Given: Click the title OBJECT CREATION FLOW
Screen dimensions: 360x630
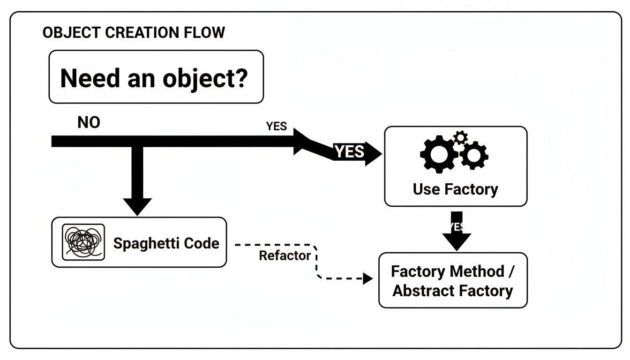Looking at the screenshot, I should tap(134, 33).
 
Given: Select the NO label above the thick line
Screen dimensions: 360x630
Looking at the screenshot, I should tap(89, 123).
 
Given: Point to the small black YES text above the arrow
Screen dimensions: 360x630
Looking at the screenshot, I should tap(276, 127).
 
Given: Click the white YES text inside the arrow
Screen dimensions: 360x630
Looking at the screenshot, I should tap(349, 152).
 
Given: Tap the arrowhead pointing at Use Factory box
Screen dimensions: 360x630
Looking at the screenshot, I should tap(373, 153).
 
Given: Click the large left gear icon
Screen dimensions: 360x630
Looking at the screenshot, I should tap(438, 153).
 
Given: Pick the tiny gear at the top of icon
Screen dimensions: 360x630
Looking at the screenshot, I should tap(461, 137).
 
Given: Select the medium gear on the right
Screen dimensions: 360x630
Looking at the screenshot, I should tap(474, 155).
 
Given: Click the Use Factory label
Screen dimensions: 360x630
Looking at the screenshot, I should tap(455, 189).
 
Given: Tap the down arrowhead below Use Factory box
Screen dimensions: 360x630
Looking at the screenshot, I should tap(457, 241).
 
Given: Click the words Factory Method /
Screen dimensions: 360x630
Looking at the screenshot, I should tap(454, 271).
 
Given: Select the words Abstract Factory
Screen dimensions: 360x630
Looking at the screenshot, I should tap(452, 291).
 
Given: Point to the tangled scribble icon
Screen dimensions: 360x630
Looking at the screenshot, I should tap(83, 242).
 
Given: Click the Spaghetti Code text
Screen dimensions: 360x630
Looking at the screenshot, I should tap(166, 243).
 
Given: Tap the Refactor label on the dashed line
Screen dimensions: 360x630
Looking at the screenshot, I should tap(285, 256).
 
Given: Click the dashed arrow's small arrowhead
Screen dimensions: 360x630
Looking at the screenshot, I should tap(368, 278).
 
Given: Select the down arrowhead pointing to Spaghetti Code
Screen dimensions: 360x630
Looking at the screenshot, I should tap(137, 206).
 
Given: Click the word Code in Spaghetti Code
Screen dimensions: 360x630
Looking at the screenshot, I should tap(201, 243).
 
